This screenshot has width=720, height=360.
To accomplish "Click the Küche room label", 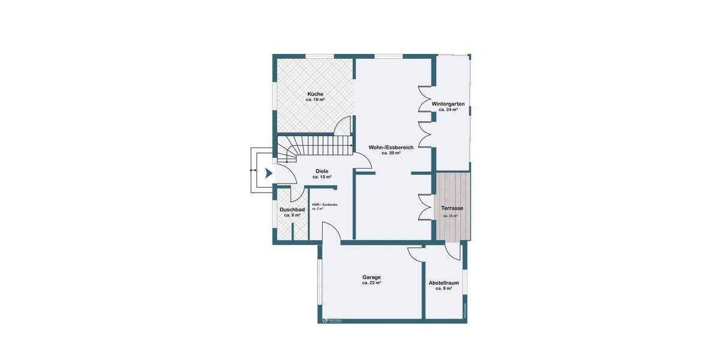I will [x=315, y=94].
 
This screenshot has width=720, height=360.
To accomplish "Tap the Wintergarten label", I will [x=448, y=104].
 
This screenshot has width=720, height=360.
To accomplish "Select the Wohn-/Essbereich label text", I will [x=391, y=147].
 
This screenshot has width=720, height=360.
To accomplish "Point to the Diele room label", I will [x=322, y=171].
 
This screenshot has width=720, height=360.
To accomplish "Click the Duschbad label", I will [x=292, y=209].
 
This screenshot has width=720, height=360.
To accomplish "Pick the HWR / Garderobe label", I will [x=325, y=205].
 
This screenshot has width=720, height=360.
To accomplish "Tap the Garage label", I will [x=371, y=277].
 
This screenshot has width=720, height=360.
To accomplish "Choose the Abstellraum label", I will [x=443, y=283].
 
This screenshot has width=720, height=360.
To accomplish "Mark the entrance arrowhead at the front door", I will [x=269, y=173].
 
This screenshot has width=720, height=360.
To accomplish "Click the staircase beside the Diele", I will [x=315, y=146].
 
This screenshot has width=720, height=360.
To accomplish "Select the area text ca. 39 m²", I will [x=391, y=153].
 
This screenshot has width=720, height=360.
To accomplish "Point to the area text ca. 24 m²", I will [x=448, y=110].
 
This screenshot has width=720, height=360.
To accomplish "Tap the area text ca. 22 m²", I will [x=371, y=283].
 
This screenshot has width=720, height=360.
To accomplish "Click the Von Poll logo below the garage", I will [x=332, y=320].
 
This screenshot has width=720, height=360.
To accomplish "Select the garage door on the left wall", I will [x=320, y=282].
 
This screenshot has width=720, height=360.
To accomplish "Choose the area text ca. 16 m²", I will [x=315, y=100].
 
